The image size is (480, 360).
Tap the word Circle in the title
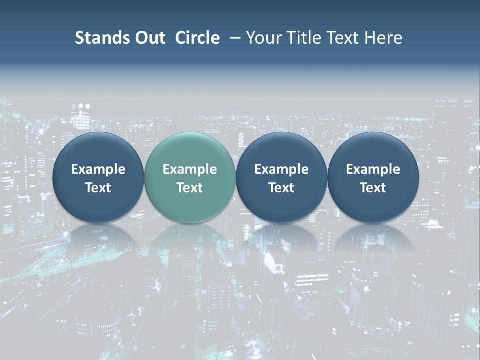click(x=197, y=38)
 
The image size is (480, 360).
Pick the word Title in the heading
click(x=302, y=38)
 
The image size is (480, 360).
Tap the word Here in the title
click(x=383, y=38)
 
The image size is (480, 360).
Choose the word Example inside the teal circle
click(x=190, y=169)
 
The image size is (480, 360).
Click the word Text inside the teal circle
click(x=190, y=188)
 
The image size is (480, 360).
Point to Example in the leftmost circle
click(x=98, y=169)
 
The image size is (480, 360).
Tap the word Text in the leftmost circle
click(x=98, y=188)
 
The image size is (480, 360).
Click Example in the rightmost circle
click(x=373, y=169)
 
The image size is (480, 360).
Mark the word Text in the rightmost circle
click(x=373, y=188)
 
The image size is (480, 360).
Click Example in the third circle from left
click(x=281, y=169)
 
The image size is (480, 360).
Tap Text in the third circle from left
click(x=281, y=188)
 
